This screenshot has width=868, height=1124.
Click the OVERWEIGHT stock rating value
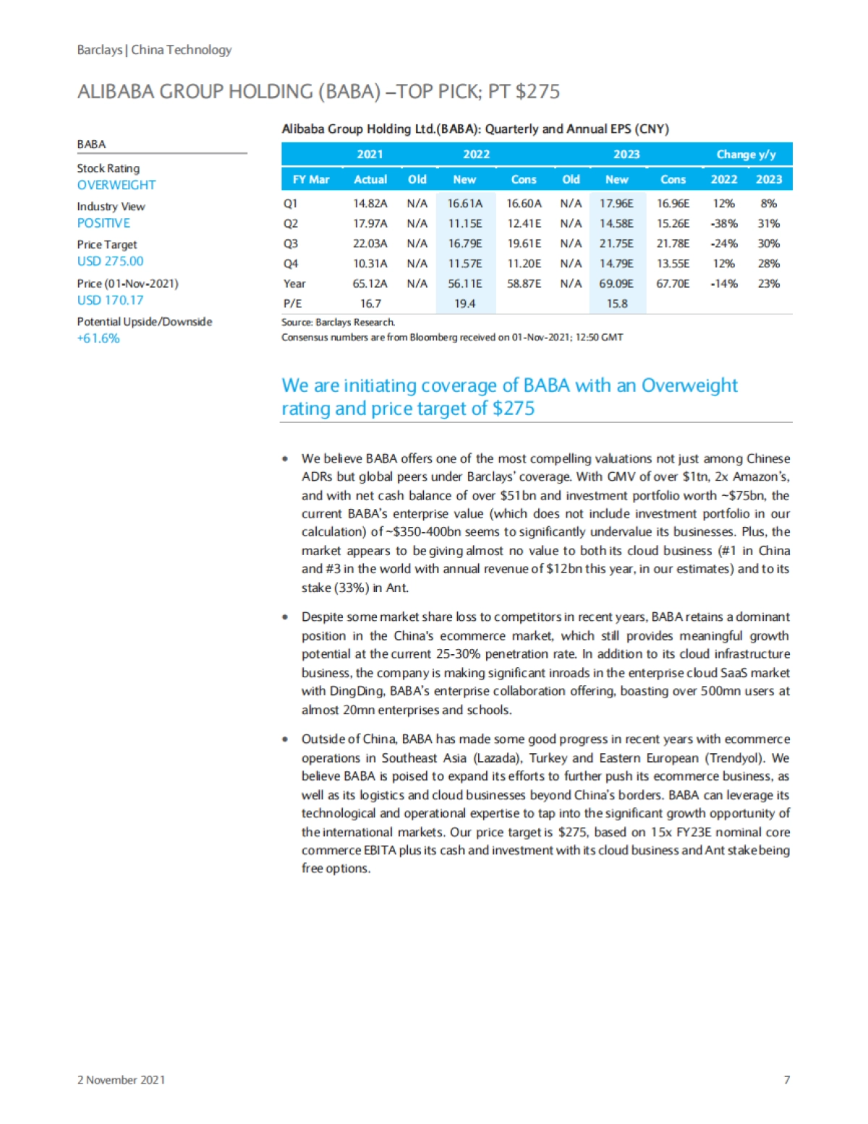[116, 185]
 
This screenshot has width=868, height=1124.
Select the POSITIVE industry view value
[103, 223]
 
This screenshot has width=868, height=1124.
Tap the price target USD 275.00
[110, 261]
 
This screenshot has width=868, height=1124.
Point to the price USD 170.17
[110, 300]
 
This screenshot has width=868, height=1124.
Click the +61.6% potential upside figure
[98, 338]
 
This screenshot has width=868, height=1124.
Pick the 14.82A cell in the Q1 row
[370, 204]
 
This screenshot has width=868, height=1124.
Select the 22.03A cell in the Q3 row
[370, 244]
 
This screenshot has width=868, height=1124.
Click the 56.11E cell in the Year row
[464, 283]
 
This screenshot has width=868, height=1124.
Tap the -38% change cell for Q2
[723, 224]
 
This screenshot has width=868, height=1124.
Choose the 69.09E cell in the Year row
[616, 283]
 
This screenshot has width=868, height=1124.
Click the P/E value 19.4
[464, 304]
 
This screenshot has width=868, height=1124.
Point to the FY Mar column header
[310, 179]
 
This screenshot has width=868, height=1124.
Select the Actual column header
[370, 179]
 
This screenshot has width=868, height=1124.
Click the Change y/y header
[746, 155]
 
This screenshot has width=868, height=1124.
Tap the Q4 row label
[291, 264]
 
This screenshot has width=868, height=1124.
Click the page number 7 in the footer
[786, 1080]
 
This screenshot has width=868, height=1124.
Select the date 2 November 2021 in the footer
[121, 1080]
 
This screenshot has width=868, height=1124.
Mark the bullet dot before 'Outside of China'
[286, 739]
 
